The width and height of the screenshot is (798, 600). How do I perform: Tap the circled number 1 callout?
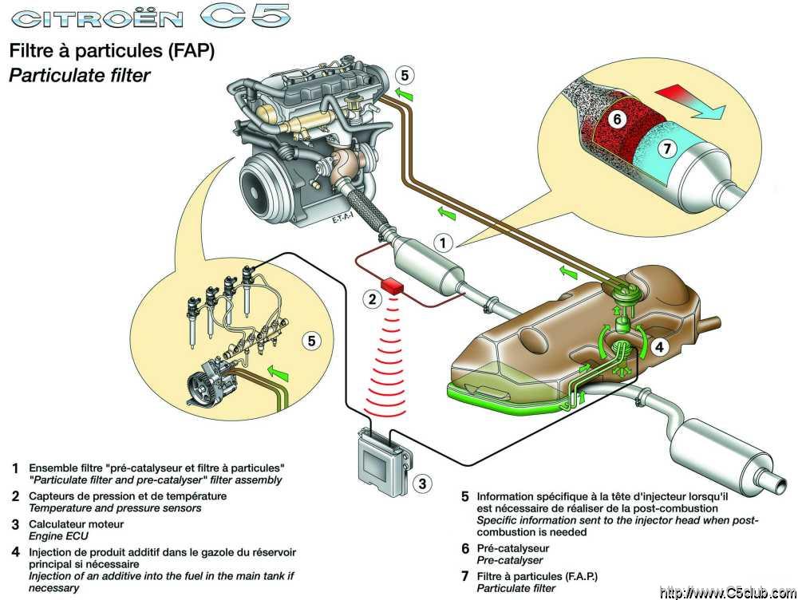(444, 240)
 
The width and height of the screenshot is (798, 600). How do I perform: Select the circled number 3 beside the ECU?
(424, 483)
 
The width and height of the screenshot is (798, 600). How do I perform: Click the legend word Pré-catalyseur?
(516, 549)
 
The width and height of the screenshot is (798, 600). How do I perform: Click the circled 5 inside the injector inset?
(314, 341)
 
